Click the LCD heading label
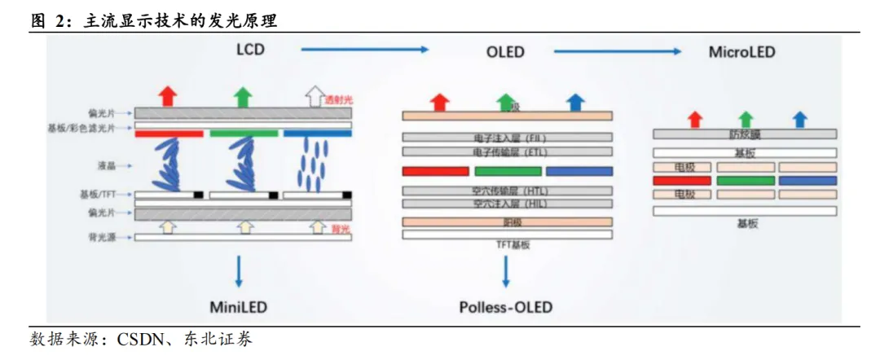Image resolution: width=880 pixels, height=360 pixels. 250,50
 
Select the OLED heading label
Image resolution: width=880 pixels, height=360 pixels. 505,52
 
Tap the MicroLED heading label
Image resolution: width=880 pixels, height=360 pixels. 741,52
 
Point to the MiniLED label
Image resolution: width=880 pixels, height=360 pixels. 239,307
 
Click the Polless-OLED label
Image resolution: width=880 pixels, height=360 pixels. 505,307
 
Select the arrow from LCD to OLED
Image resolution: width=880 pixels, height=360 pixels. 364,50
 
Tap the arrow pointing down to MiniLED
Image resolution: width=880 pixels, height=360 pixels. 239,270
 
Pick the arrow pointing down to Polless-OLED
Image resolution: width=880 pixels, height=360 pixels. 505,270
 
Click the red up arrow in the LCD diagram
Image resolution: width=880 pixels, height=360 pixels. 168,96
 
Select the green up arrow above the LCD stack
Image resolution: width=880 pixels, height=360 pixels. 242,96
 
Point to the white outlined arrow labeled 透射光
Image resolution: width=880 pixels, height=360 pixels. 314,96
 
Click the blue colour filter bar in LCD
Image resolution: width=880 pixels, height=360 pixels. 318,133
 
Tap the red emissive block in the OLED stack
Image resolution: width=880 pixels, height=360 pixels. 435,171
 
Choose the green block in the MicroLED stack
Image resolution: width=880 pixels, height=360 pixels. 745,180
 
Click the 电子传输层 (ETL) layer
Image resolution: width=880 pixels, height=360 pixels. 507,151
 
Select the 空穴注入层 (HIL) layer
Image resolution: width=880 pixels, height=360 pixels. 507,202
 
